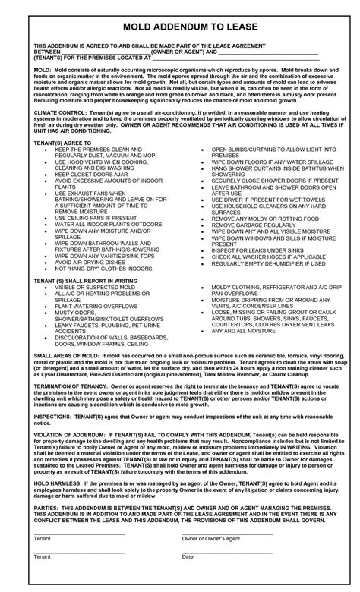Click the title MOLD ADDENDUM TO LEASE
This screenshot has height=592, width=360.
pyautogui.click(x=180, y=27)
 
